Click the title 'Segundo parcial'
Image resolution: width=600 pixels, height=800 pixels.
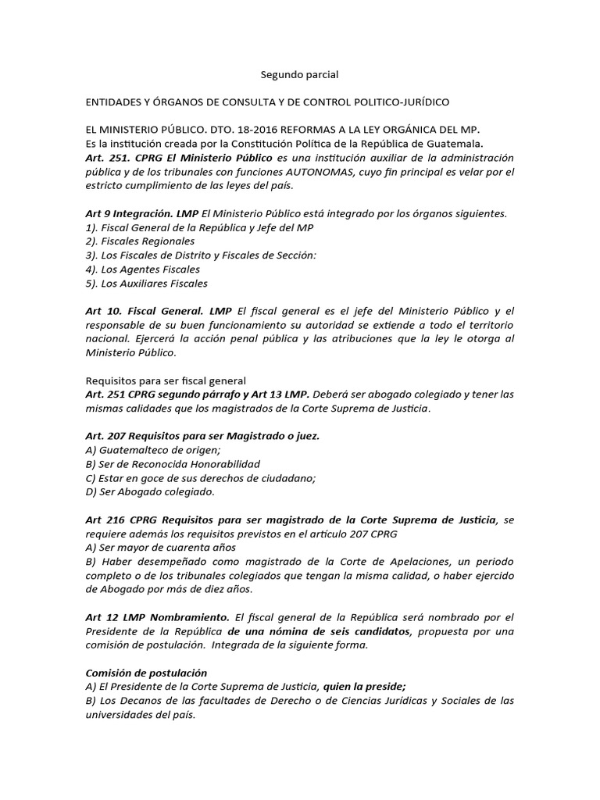tap(299, 75)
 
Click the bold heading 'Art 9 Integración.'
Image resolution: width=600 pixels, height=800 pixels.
tap(141, 212)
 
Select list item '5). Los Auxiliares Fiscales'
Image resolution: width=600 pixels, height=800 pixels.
tap(146, 283)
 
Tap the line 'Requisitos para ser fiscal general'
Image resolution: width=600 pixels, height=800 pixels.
tap(165, 380)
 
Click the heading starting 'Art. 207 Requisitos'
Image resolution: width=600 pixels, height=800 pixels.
tap(202, 436)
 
